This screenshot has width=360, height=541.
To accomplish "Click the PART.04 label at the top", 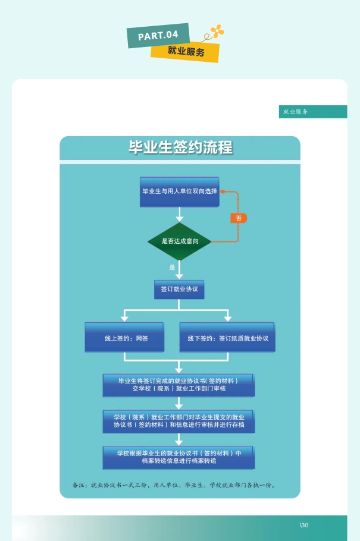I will (x=158, y=35).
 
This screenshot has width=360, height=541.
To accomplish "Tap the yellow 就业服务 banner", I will (x=185, y=52).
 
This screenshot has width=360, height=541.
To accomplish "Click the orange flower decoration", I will (x=217, y=31).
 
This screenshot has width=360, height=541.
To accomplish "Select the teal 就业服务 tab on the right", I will (x=313, y=112).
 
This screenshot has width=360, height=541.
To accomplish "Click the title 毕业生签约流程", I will (x=180, y=147).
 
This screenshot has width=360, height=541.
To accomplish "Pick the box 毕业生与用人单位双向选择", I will (x=179, y=191).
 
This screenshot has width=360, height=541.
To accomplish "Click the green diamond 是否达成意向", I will (x=179, y=241).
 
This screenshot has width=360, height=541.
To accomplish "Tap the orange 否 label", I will (x=239, y=218).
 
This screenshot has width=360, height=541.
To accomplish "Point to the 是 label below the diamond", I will (x=172, y=268).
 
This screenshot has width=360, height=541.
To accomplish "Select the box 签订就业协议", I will (x=179, y=290).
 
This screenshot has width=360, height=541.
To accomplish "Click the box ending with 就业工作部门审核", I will (x=179, y=385).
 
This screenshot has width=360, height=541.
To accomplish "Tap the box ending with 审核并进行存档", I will (x=179, y=422).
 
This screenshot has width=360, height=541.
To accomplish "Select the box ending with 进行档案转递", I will (x=179, y=457).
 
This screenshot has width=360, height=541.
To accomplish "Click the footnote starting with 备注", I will (x=174, y=485).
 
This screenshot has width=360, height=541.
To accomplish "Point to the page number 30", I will (x=304, y=524).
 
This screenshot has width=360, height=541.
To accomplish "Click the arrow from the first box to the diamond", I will (x=179, y=215).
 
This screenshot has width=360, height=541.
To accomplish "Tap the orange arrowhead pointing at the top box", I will (x=223, y=191).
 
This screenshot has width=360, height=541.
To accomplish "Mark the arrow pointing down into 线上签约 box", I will (x=125, y=317).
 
